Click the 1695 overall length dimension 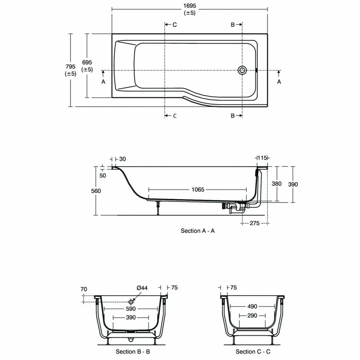[189, 6]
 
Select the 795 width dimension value [70, 66]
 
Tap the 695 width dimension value [87, 62]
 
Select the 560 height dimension [96, 191]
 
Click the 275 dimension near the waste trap [254, 223]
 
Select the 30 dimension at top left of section [123, 159]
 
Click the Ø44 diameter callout [142, 288]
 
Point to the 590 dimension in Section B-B [130, 309]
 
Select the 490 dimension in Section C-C [252, 306]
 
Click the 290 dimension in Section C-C [252, 316]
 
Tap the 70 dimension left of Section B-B [84, 289]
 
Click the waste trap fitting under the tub [234, 208]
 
